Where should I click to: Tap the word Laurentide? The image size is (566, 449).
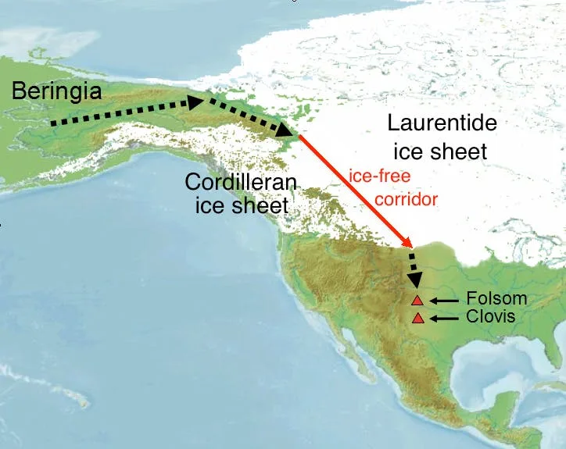coord(442,123)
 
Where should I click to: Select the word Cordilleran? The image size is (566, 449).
coord(241,183)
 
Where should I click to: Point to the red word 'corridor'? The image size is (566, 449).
coord(406,199)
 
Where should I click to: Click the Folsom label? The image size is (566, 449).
coord(496,299)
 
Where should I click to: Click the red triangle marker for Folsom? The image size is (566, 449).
coord(417,300)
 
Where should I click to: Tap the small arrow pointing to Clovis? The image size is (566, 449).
coord(446,318)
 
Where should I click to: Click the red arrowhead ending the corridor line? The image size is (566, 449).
coord(407,243)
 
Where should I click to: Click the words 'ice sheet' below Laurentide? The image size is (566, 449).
coord(440,150)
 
